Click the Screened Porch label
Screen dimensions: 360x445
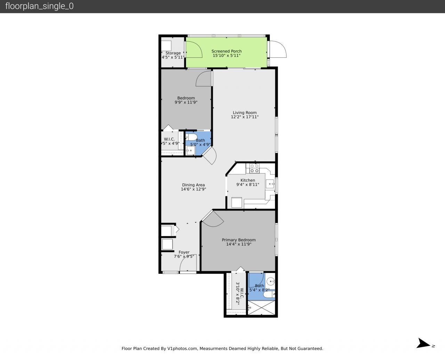227,51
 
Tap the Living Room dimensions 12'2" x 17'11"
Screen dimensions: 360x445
244,117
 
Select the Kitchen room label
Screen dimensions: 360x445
248,180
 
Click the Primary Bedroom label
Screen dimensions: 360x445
239,240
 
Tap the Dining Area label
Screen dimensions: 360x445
193,185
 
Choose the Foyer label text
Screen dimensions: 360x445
184,252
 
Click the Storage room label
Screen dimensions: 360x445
173,53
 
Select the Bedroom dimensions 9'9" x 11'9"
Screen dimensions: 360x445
186,103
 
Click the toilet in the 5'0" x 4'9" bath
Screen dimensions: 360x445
192,137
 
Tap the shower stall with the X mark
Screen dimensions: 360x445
261,308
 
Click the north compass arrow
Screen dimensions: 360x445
424,343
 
